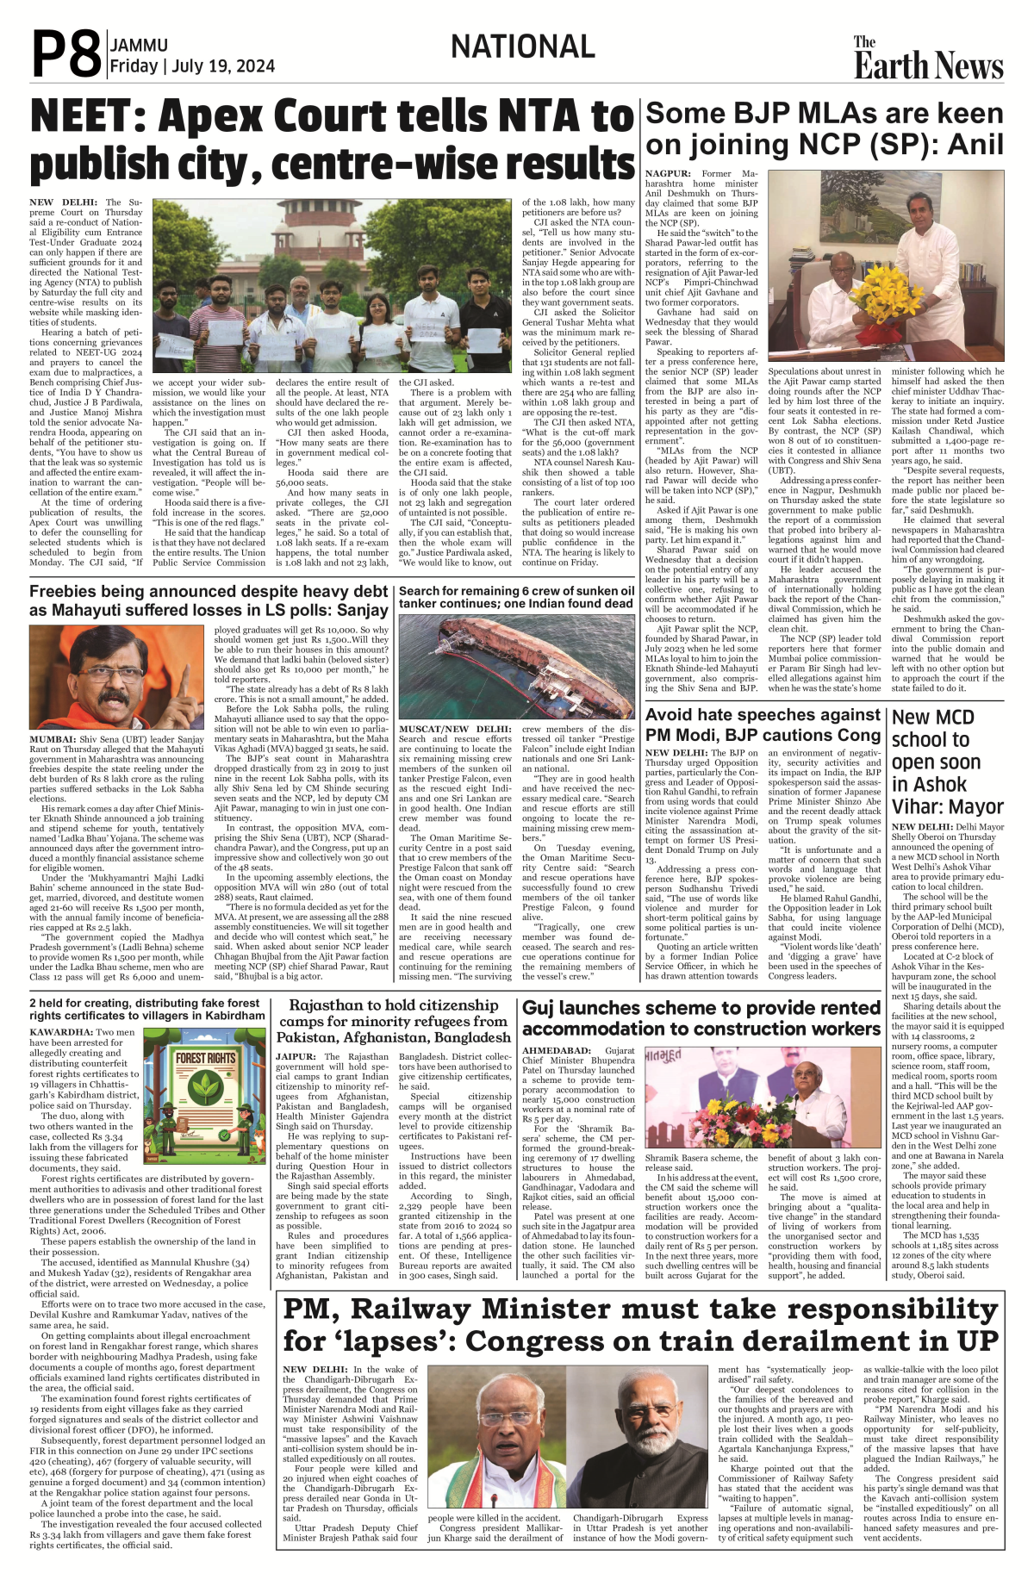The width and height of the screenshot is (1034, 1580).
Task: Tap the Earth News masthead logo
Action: point(928,59)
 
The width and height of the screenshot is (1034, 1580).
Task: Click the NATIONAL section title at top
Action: point(522,47)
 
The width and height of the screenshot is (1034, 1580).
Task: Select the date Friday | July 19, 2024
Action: point(192,66)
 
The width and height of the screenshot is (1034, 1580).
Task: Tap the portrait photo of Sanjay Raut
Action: point(116,677)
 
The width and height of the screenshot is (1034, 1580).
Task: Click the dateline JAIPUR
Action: point(296,1056)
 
